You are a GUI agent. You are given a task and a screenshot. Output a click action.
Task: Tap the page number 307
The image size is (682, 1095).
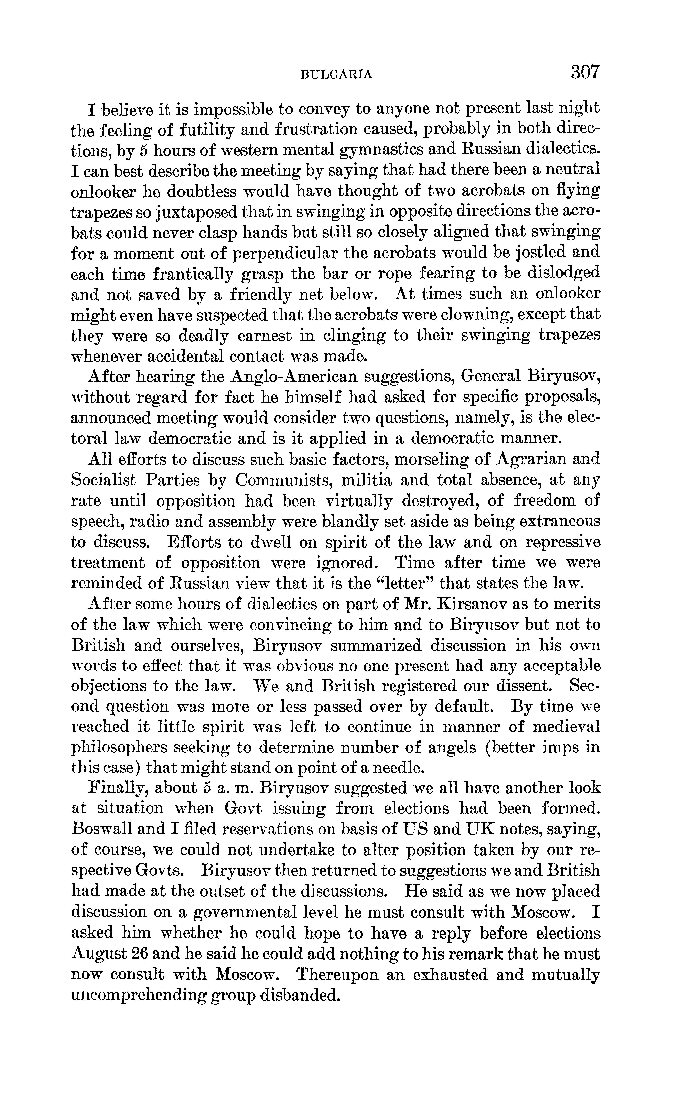(x=585, y=72)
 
